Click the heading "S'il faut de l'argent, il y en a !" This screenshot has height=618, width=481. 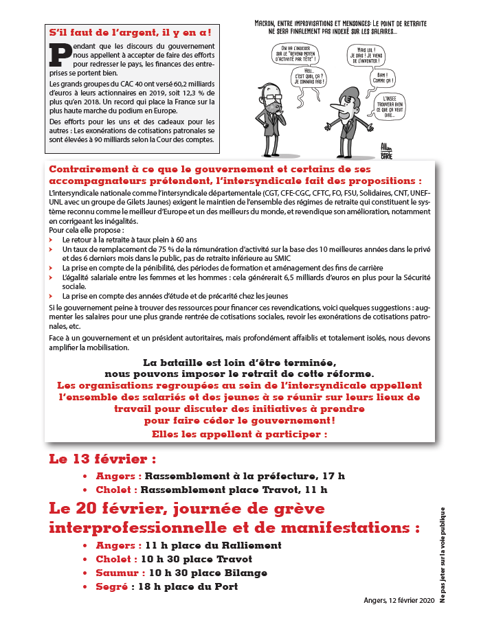click(x=130, y=32)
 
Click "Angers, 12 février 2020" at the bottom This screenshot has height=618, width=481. click(x=399, y=601)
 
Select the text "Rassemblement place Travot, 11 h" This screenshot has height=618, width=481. click(x=234, y=490)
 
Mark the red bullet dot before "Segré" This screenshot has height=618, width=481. click(x=85, y=587)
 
